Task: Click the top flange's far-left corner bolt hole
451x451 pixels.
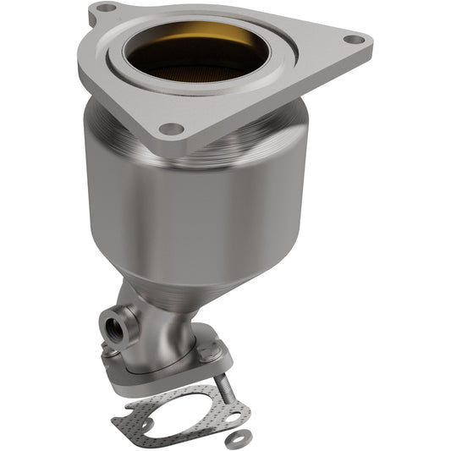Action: point(103,8)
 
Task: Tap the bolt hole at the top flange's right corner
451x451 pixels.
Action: point(356,39)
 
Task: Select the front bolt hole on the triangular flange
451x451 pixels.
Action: point(172,129)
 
